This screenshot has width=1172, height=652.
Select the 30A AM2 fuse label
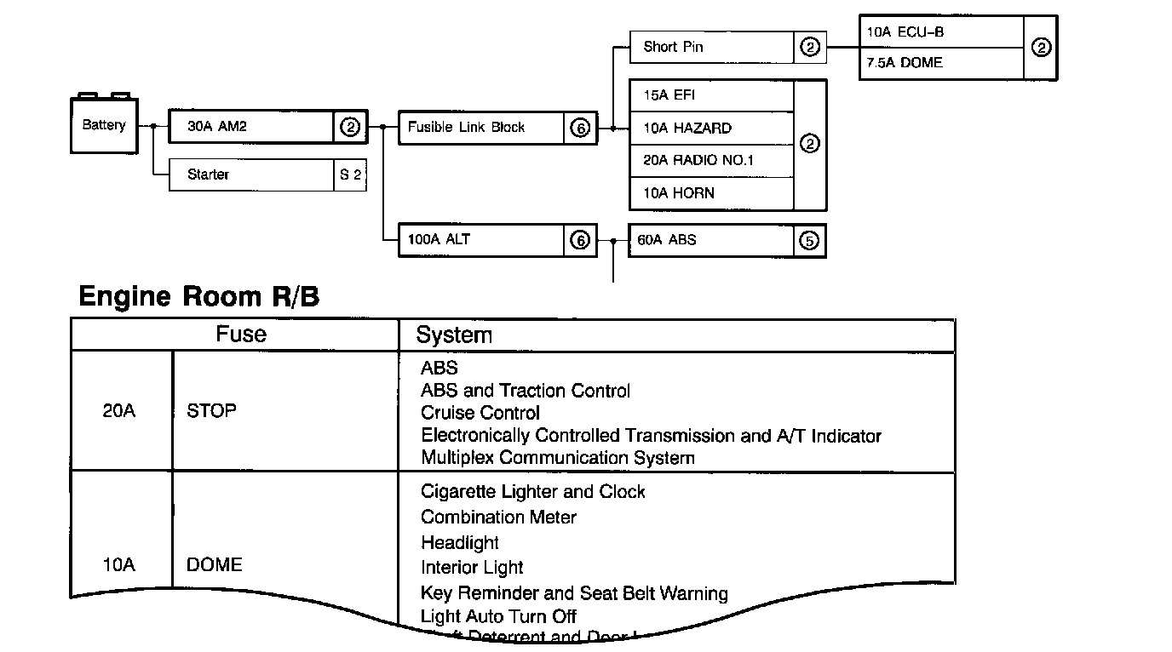coord(217,128)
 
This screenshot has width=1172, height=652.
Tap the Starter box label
coord(209,174)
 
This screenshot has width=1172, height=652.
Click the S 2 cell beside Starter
coord(350,174)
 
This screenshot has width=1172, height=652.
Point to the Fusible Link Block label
coord(466,128)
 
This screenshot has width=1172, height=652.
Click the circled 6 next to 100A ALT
coord(579,241)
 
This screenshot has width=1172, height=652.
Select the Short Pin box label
coord(673,47)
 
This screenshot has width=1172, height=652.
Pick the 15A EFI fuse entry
coord(669,95)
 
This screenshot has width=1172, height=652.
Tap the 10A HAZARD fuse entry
coord(687,129)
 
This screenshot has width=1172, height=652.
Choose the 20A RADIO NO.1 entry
coord(698,161)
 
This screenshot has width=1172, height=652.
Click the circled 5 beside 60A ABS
coord(809,241)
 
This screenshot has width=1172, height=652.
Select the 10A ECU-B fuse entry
coord(905,32)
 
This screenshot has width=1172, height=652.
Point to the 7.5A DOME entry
coord(905,63)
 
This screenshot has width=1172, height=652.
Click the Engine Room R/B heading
coord(198,297)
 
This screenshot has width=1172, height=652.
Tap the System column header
coord(454,335)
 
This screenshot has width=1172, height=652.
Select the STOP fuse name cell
coord(211,411)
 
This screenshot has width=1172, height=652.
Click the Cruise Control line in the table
coord(480,413)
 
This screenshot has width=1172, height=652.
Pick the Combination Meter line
coord(498,518)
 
